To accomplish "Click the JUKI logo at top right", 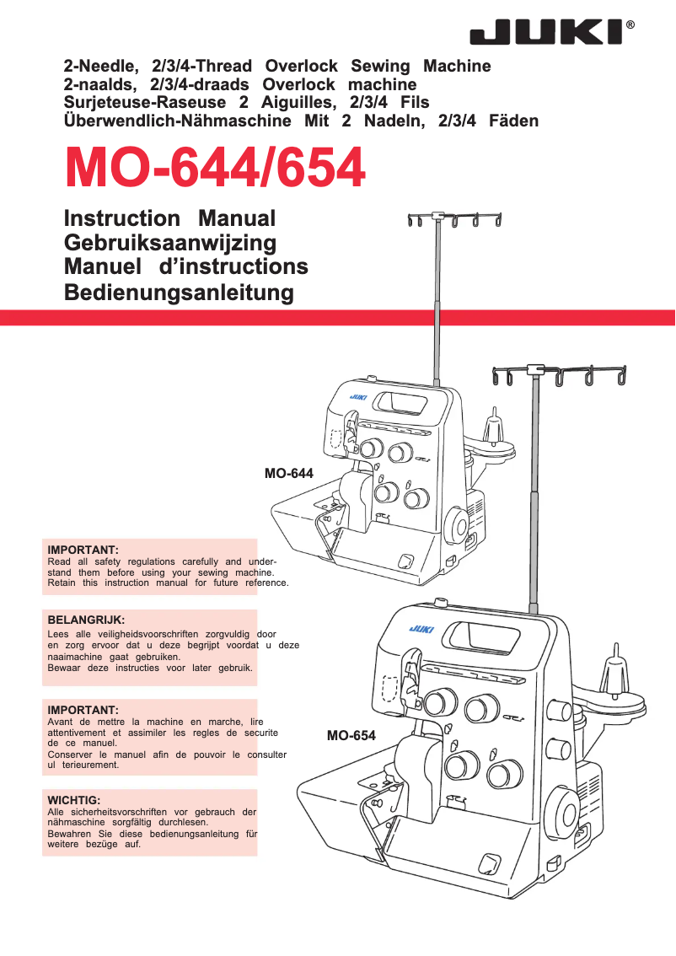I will click(547, 33).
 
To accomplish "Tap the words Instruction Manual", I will click(169, 218).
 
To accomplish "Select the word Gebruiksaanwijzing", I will click(169, 243).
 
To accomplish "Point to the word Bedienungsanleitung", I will click(179, 293).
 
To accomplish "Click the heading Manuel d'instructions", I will click(185, 267).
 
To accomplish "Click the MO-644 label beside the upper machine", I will click(288, 474).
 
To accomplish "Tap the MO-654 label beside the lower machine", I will click(351, 736).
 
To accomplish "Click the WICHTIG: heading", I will click(74, 799).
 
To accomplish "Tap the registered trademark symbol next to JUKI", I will click(631, 26).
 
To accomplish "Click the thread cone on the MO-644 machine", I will click(494, 424).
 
